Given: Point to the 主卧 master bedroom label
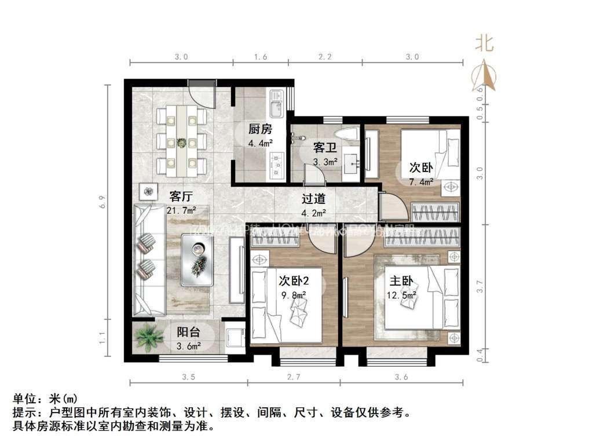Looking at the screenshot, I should (x=401, y=282).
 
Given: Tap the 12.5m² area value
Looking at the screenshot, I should (x=402, y=296).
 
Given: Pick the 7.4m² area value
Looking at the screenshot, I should (x=421, y=182).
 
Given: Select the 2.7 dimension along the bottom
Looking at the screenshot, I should (x=294, y=377).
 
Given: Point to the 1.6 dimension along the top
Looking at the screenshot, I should (x=261, y=57).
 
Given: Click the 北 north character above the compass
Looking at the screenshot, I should (x=484, y=43).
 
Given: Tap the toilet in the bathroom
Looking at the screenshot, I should (x=350, y=135).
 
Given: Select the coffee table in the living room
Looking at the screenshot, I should (x=198, y=259).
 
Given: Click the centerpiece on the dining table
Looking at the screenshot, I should (x=181, y=143).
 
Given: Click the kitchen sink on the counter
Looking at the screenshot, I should (x=276, y=102).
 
